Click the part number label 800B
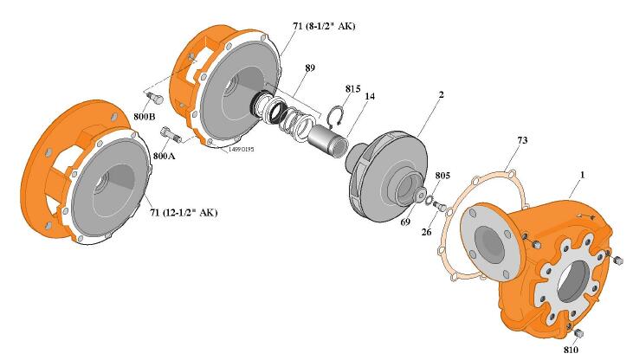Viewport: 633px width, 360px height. point(144,117)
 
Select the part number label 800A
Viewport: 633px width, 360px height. point(164,156)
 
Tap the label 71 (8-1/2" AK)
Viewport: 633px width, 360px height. point(324,26)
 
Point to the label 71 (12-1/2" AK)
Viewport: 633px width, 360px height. point(184,212)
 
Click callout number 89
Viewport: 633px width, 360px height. point(310,67)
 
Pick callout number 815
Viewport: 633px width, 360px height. point(352,89)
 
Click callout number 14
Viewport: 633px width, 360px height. point(370,96)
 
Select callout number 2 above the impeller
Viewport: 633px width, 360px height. point(442,94)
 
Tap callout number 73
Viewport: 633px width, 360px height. point(522,140)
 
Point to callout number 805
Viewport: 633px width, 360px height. point(442,176)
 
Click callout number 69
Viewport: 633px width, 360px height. point(405,222)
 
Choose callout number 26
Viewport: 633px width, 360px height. point(426,232)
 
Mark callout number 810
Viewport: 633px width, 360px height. point(571,350)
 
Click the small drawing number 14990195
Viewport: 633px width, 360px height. point(242,150)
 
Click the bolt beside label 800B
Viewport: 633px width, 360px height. point(154,98)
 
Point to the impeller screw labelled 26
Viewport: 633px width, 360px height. point(441,207)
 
